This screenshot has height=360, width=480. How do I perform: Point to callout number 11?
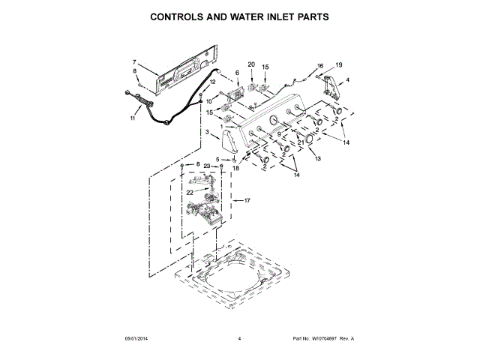point(133,118)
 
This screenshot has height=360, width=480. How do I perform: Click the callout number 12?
point(212,82)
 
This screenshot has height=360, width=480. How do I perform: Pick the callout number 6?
point(237,73)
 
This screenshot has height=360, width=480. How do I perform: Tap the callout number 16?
point(320,66)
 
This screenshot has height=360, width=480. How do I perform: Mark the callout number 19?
point(338,65)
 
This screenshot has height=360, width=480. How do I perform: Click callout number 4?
point(346,79)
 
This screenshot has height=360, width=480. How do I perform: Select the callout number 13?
point(317,159)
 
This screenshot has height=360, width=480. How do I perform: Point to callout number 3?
point(206,133)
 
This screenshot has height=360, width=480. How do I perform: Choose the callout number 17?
point(247,200)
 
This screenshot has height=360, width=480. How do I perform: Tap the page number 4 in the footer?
point(239,339)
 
